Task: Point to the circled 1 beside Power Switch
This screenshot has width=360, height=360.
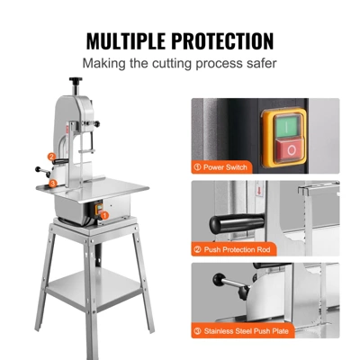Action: tap(198, 166)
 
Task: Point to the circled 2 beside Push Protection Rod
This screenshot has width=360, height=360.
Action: tap(198, 249)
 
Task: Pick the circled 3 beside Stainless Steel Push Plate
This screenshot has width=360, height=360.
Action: tap(198, 331)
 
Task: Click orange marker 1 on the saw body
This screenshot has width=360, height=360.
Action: tap(103, 216)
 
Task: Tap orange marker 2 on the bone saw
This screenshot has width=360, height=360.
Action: tap(52, 157)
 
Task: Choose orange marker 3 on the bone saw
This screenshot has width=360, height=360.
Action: tap(52, 184)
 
